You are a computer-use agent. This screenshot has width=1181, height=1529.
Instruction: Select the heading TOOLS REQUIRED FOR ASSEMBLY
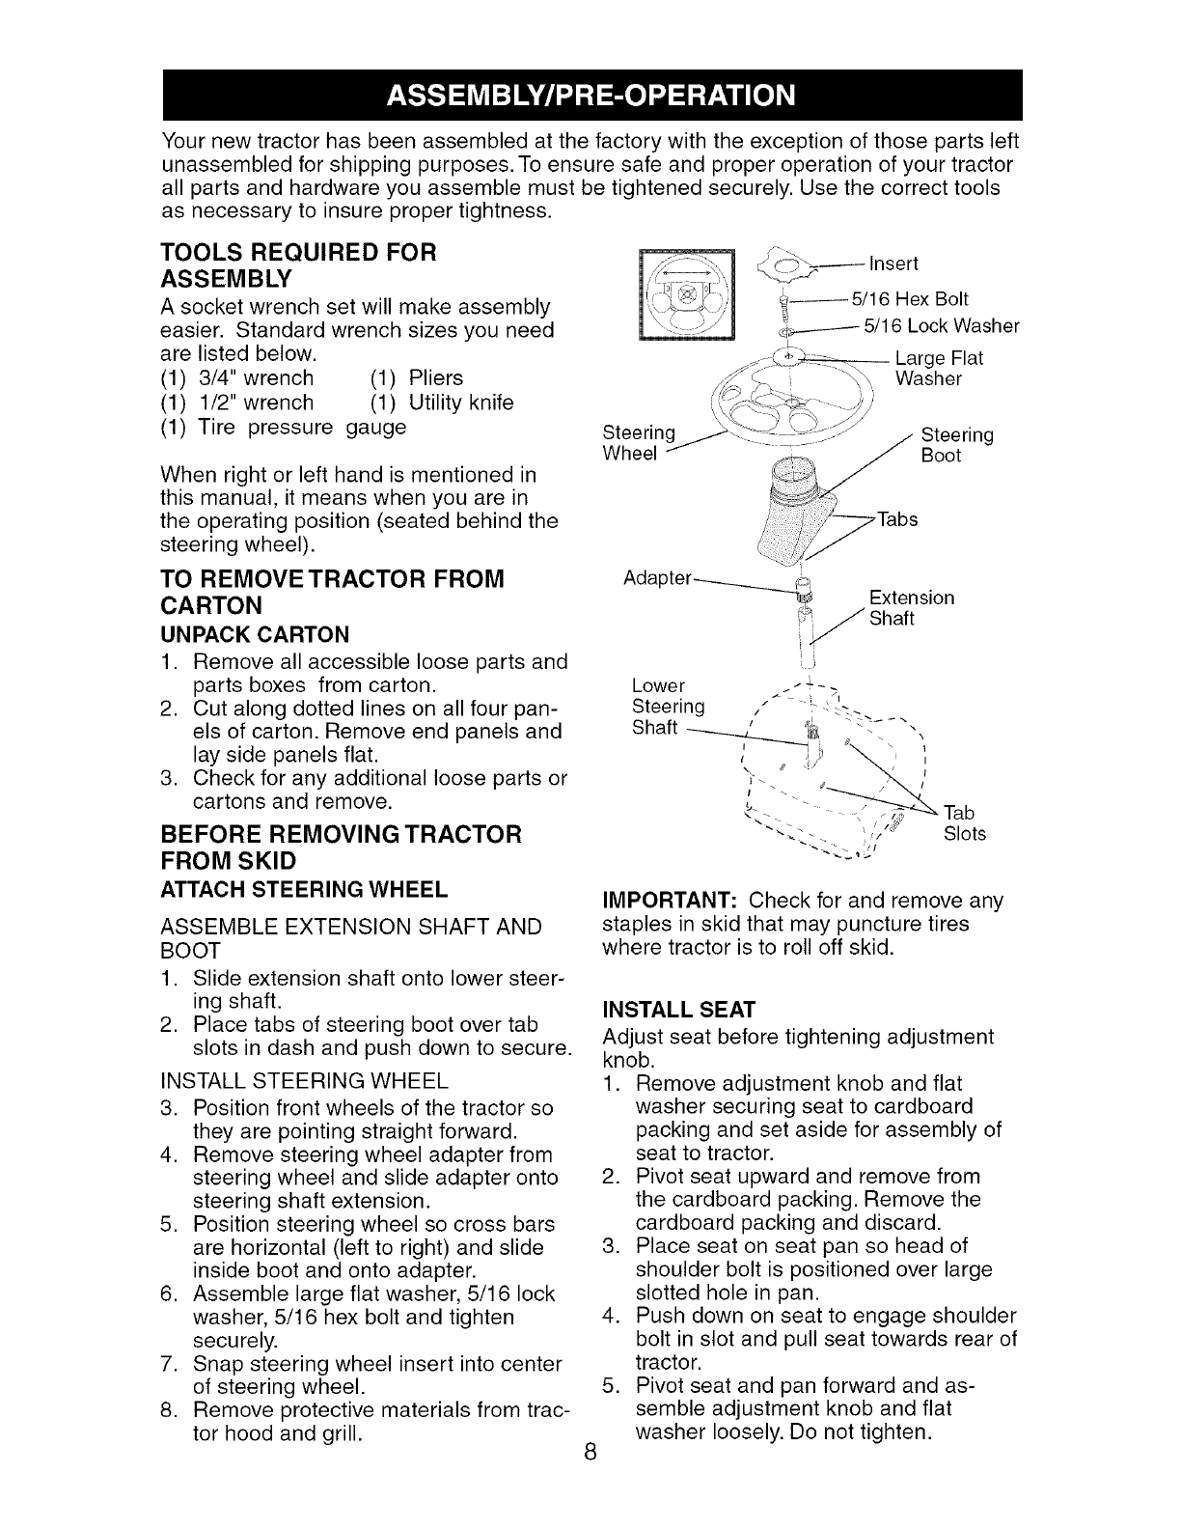pos(299,265)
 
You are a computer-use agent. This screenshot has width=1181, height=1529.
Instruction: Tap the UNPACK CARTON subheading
pos(256,634)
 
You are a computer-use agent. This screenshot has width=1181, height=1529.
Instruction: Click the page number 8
pos(590,1454)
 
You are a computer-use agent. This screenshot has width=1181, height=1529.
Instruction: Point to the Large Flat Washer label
pos(939,369)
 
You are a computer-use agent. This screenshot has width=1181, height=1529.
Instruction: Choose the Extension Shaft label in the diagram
pos(911,608)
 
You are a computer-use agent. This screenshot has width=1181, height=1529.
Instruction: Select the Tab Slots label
pos(964,822)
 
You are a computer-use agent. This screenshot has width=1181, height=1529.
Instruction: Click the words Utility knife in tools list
pos(460,403)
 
